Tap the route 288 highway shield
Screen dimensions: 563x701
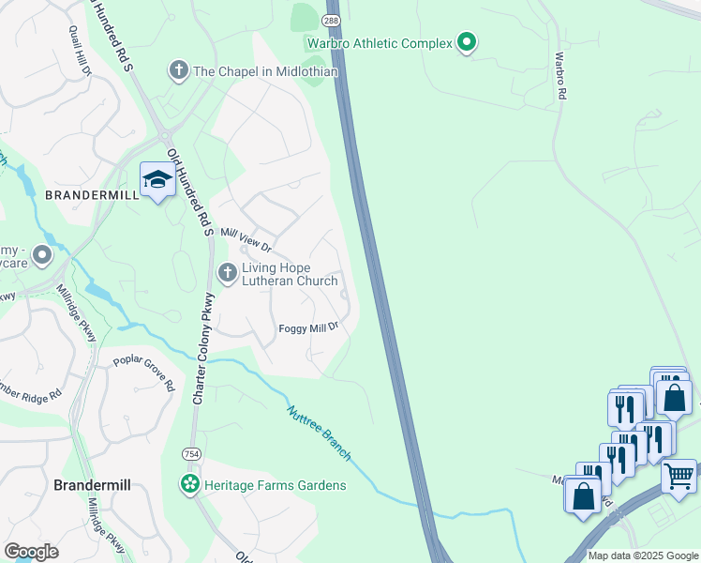point(332,20)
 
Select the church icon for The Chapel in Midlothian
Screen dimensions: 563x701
point(177,69)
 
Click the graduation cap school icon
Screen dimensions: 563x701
point(157,179)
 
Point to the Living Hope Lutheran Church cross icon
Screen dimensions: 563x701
point(226,273)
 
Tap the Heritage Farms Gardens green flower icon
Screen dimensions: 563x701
point(190,484)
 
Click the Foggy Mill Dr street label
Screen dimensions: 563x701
point(307,328)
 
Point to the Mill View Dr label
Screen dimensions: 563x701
point(245,240)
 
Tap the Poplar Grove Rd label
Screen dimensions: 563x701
point(144,373)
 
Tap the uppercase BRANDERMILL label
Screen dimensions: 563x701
point(92,194)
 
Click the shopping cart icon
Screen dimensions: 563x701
point(679,475)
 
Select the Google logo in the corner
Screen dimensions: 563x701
point(32,552)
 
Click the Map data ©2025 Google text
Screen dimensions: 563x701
point(643,555)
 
